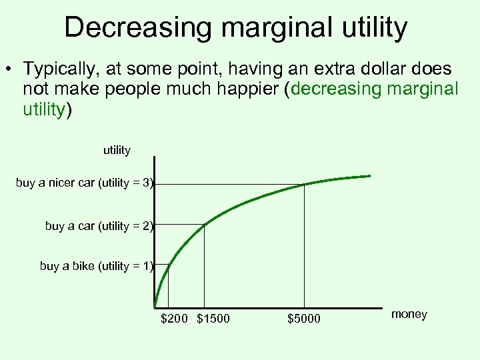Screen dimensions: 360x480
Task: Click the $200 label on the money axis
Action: click(175, 319)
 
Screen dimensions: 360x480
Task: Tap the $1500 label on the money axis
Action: click(213, 319)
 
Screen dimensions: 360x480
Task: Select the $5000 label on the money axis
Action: click(304, 319)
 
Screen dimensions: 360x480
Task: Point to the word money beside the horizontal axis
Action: click(409, 314)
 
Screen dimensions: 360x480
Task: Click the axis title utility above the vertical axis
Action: click(117, 150)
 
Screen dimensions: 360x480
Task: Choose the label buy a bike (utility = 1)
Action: click(97, 266)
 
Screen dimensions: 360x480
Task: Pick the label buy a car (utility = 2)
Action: click(99, 226)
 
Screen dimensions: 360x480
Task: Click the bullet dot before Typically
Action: click(11, 69)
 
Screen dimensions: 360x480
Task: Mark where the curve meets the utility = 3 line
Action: click(304, 184)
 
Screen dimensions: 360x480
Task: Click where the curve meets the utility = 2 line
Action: click(204, 225)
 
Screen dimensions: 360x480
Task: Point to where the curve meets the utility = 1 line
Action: click(168, 265)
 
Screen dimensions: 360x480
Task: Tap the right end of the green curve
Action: click(369, 176)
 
